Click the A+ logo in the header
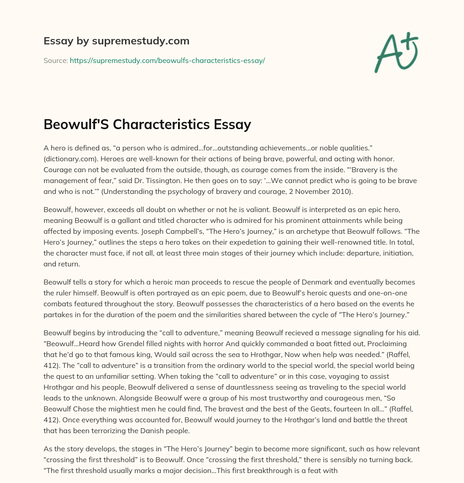[396, 52]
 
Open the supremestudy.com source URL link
[167, 60]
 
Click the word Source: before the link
[56, 60]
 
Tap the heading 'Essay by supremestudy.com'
[116, 41]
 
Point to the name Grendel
[131, 344]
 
